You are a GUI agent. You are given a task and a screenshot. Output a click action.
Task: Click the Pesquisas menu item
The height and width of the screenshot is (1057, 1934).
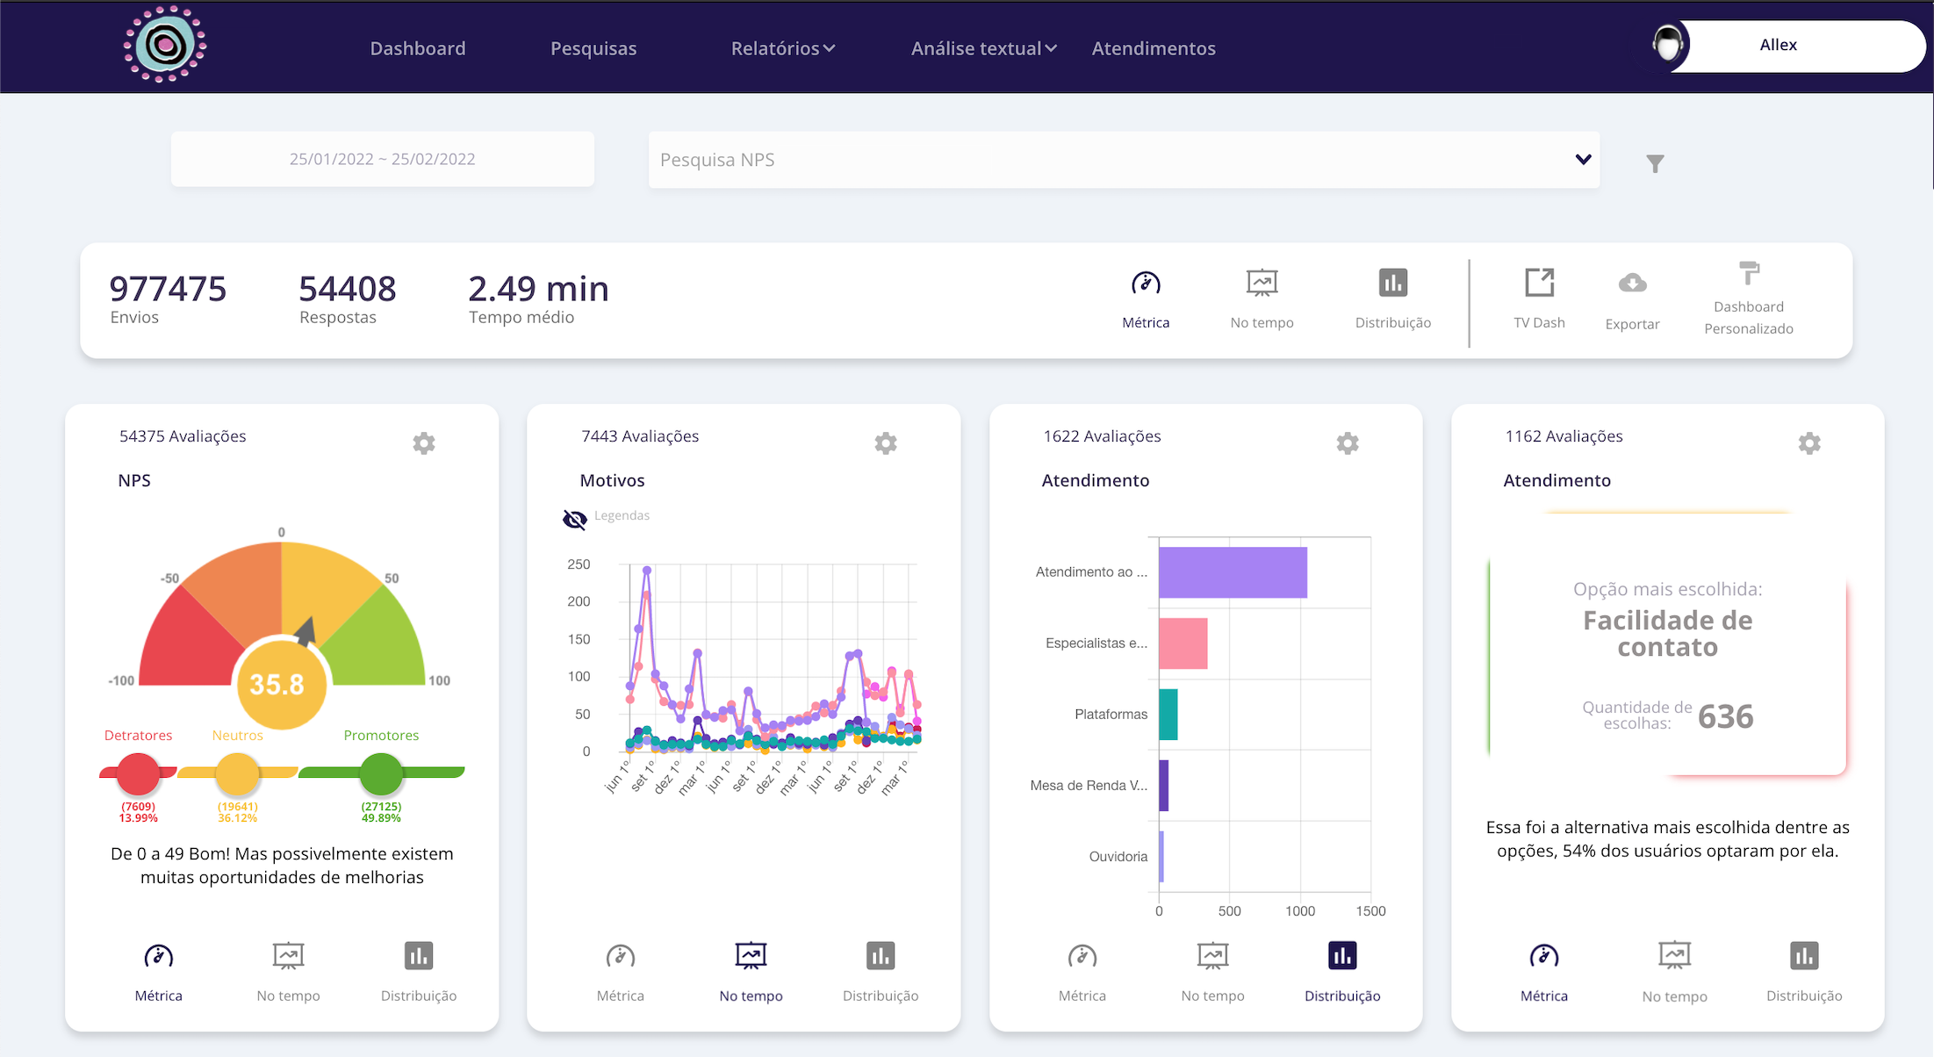pyautogui.click(x=593, y=49)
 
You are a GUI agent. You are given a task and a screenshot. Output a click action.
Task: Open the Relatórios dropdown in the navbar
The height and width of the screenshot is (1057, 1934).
pyautogui.click(x=782, y=49)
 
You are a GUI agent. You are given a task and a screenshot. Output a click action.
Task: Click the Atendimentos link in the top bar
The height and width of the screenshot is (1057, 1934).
pyautogui.click(x=1153, y=49)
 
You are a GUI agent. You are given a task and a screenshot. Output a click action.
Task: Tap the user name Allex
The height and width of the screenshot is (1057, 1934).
pyautogui.click(x=1778, y=45)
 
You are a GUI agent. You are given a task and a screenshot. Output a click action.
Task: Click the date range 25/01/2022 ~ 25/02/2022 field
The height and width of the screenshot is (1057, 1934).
pyautogui.click(x=383, y=159)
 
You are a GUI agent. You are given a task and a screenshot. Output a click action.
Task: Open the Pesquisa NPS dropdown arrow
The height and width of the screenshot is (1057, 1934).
pyautogui.click(x=1583, y=160)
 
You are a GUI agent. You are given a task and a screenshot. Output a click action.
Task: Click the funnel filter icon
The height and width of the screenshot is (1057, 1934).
pyautogui.click(x=1655, y=163)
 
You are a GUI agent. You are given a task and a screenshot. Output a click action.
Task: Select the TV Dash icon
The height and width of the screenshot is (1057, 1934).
pyautogui.click(x=1539, y=284)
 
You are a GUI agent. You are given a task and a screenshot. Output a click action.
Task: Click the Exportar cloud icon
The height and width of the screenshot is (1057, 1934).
pyautogui.click(x=1632, y=284)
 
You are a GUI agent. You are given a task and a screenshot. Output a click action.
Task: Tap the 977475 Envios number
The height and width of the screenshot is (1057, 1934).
pyautogui.click(x=168, y=289)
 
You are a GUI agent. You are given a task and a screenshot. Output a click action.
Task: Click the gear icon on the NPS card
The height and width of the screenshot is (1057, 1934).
pyautogui.click(x=424, y=442)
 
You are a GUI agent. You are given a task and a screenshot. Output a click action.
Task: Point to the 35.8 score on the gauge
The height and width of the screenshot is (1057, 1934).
pyautogui.click(x=277, y=684)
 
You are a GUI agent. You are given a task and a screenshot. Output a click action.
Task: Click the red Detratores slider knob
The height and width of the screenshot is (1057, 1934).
pyautogui.click(x=138, y=773)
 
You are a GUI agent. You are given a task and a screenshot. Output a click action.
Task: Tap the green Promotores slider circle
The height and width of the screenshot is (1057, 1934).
pyautogui.click(x=381, y=773)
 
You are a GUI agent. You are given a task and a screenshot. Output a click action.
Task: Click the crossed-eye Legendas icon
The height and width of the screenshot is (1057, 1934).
pyautogui.click(x=574, y=520)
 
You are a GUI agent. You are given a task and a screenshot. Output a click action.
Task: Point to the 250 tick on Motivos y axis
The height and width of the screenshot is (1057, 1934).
pyautogui.click(x=579, y=564)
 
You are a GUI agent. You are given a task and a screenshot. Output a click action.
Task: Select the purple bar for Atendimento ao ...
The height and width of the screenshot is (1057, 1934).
pyautogui.click(x=1233, y=572)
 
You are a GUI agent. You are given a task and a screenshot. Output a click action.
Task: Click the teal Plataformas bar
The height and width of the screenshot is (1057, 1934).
pyautogui.click(x=1168, y=715)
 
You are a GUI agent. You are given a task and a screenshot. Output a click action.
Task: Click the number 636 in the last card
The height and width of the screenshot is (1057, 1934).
pyautogui.click(x=1725, y=717)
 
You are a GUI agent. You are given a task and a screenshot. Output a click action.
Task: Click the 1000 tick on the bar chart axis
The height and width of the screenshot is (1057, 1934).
pyautogui.click(x=1299, y=911)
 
